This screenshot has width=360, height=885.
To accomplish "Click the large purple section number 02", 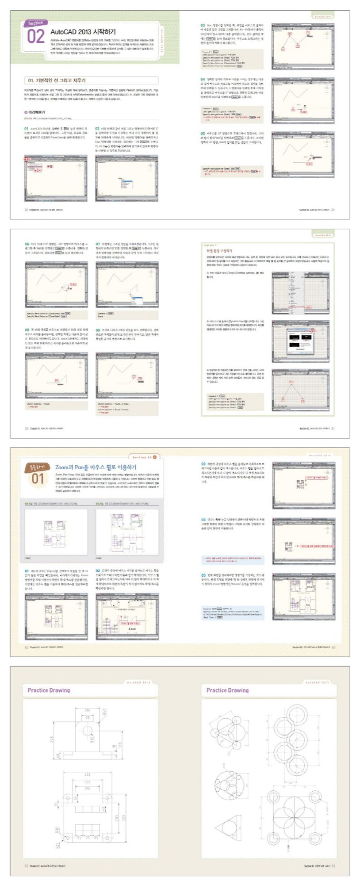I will (x=35, y=36).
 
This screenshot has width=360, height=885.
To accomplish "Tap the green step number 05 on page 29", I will (x=203, y=133).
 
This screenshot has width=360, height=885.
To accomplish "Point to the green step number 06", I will (x=27, y=244).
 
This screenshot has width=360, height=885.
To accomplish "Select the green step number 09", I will (x=98, y=330).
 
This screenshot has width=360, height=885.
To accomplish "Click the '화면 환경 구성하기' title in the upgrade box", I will (x=216, y=251).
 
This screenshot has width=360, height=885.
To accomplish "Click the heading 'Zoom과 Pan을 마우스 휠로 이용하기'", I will (x=96, y=467).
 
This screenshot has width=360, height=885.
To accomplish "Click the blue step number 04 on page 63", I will (x=203, y=520).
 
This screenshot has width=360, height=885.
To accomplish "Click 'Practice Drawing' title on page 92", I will (x=49, y=690).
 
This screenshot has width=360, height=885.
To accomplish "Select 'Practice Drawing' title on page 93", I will (x=227, y=690).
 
